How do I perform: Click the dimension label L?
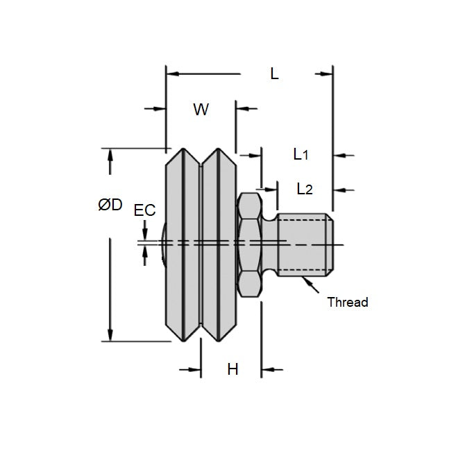click(x=274, y=74)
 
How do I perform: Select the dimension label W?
click(x=201, y=110)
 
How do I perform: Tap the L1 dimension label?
click(x=300, y=154)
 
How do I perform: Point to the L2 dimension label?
click(x=304, y=188)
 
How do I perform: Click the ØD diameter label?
click(x=110, y=205)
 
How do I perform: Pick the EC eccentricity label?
click(x=144, y=210)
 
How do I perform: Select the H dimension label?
click(x=232, y=369)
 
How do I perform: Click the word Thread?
click(x=347, y=302)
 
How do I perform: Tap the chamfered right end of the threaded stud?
click(x=332, y=244)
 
